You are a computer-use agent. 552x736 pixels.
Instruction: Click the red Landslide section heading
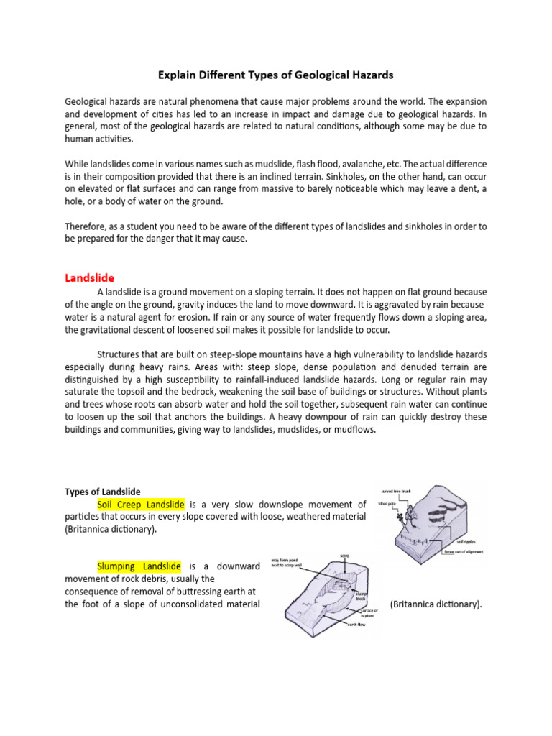tap(89, 277)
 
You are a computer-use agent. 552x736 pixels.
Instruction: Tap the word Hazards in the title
tap(371, 75)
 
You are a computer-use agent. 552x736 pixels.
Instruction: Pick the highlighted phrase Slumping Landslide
tap(139, 567)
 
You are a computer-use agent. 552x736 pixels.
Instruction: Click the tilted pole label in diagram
tap(387, 504)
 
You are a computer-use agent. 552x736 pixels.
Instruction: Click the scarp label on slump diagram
tap(346, 554)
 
